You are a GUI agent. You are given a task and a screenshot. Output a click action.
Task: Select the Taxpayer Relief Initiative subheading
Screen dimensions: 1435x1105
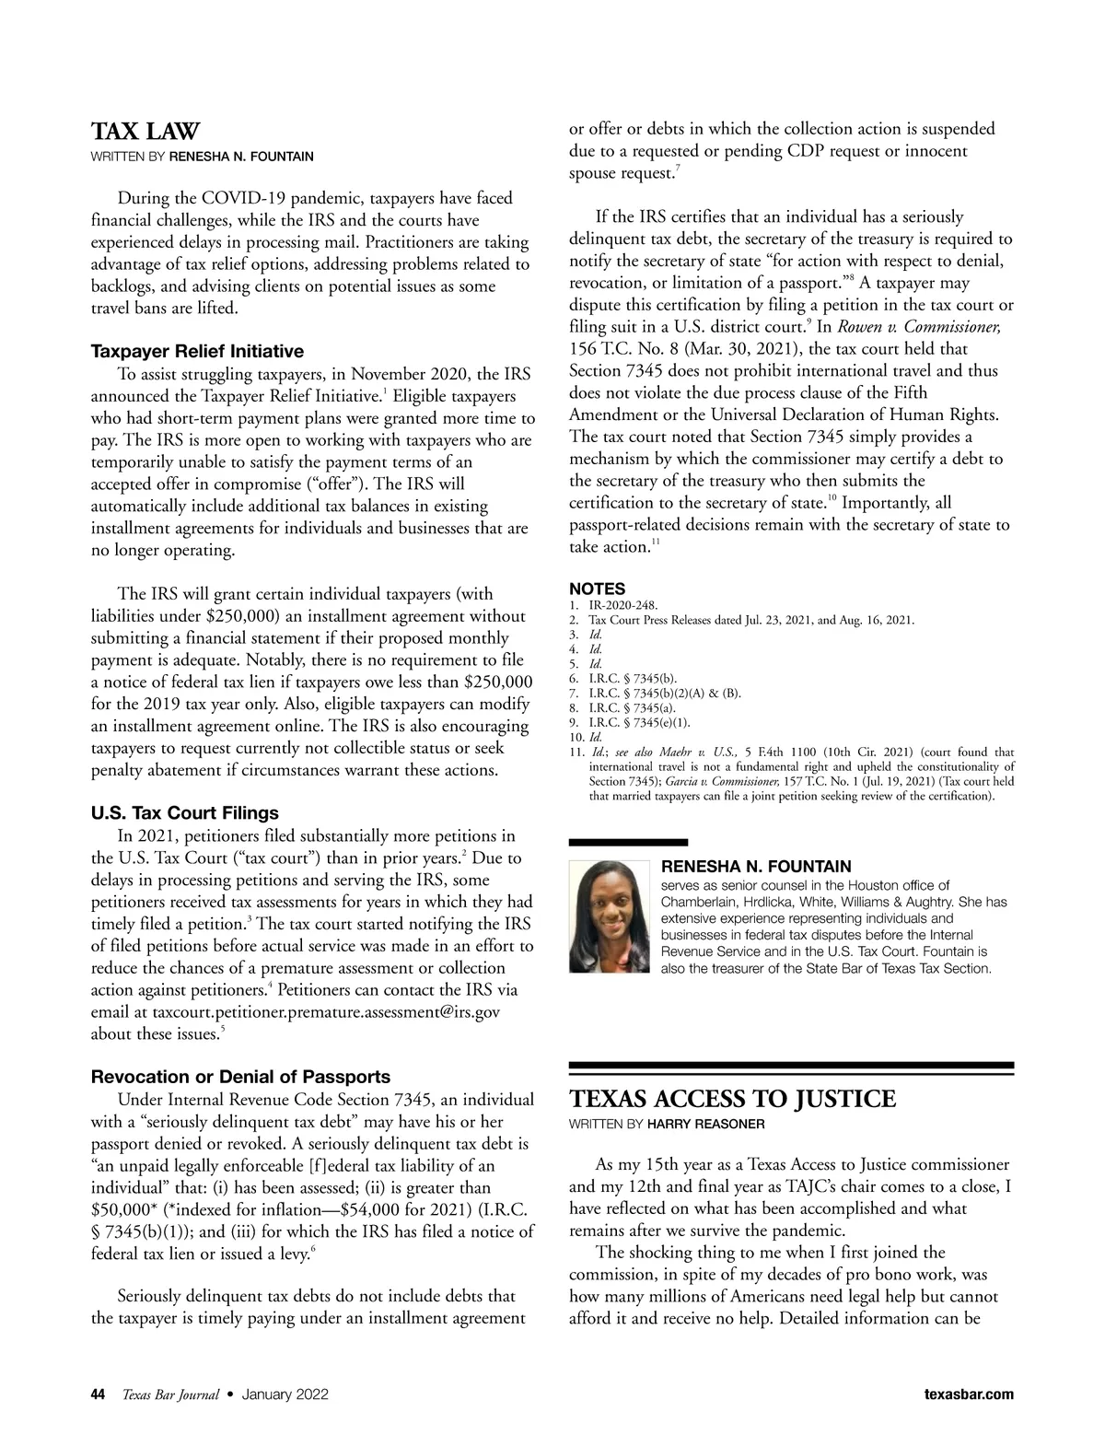197,351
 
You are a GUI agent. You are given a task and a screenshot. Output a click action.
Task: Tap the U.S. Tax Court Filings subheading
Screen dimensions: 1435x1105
184,813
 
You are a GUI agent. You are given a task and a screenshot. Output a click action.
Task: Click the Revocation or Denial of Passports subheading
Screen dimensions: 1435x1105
240,1077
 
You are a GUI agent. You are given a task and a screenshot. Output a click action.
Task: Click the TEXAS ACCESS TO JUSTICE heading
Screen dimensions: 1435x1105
732,1100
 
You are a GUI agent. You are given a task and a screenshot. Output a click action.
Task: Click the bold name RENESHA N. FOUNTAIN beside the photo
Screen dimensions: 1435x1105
756,866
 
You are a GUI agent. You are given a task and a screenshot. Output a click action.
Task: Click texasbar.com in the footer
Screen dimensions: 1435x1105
968,1394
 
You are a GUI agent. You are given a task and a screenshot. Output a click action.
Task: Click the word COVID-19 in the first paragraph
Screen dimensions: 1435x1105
217,198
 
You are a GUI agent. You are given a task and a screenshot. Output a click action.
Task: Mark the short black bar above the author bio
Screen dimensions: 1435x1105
628,842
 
